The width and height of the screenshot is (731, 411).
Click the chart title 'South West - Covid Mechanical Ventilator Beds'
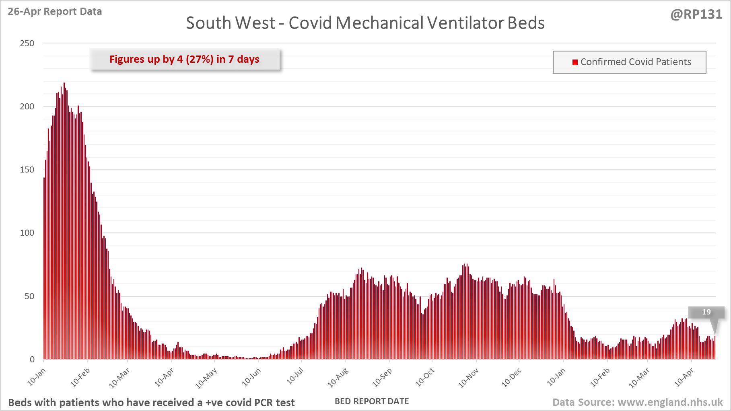tap(365, 23)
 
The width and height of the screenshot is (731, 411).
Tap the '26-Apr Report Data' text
tap(55, 11)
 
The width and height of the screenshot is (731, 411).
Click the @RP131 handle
tap(696, 14)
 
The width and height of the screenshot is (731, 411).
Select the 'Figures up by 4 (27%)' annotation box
tap(185, 60)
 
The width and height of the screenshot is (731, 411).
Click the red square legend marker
tap(575, 62)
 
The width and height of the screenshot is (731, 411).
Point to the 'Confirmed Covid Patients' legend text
tap(636, 62)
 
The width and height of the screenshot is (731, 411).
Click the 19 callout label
tap(706, 312)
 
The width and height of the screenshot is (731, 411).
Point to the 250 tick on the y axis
tap(27, 43)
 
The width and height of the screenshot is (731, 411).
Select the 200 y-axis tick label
tap(27, 107)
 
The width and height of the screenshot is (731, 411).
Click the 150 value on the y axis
tap(27, 170)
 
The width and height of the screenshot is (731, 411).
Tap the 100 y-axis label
tap(27, 233)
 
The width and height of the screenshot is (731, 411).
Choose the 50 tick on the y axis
tap(29, 296)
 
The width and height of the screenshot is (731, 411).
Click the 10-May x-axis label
tap(206, 378)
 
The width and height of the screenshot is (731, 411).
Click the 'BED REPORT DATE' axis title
tap(372, 401)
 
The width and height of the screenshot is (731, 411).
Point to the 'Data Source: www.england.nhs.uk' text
tap(637, 402)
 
